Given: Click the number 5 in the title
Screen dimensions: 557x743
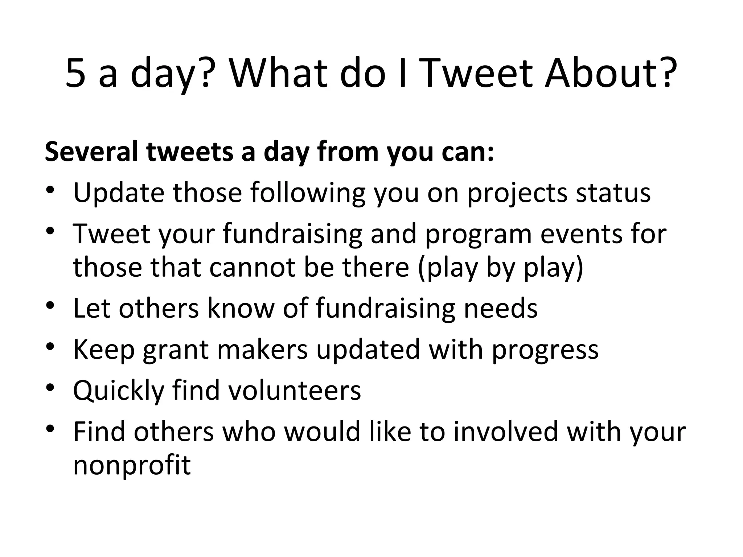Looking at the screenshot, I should click(x=76, y=74).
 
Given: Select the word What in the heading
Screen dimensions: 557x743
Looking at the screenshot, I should click(x=278, y=74).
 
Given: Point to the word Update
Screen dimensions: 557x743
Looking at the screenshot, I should click(x=119, y=193).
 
